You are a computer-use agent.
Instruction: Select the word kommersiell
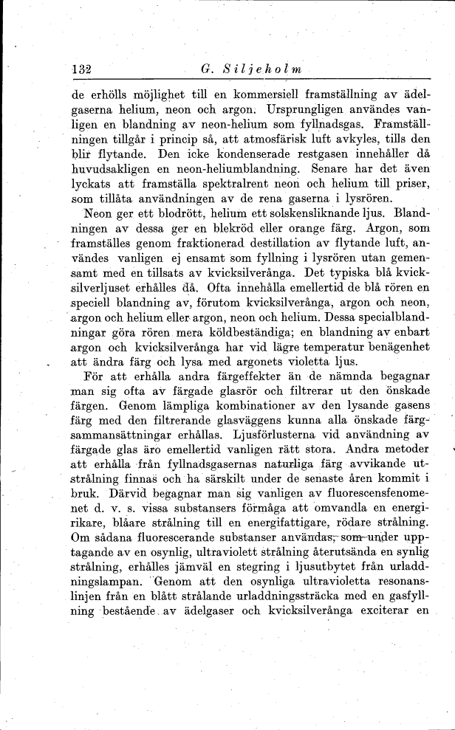[x=236, y=95]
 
